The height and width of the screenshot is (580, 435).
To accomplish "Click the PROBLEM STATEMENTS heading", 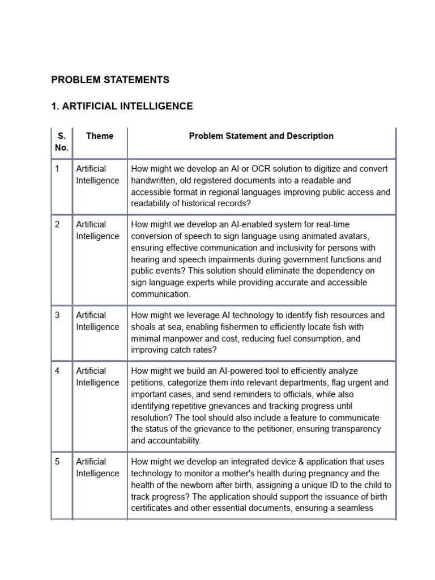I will point(110,80).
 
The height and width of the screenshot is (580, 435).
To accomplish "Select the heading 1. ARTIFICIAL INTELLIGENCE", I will point(122,106).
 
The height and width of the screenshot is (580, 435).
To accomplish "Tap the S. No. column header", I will point(62,142).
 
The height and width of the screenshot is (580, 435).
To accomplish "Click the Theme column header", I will point(100,136).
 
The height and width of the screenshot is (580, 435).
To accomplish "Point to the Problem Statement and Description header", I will point(261,136).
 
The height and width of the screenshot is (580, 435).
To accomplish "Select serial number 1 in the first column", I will point(57,169).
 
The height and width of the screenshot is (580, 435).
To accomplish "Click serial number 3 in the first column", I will point(57,315).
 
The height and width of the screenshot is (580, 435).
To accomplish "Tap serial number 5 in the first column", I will point(57,462).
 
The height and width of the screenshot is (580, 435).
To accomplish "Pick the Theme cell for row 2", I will point(97,231).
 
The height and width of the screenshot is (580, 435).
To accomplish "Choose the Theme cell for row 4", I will point(97,377).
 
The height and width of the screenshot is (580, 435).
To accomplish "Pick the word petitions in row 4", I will point(148,383).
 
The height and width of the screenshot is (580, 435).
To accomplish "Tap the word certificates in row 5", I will point(152,508).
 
